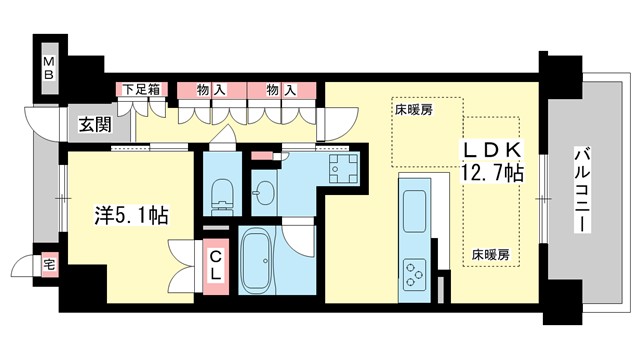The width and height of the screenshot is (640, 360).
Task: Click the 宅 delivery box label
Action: pos(48,265)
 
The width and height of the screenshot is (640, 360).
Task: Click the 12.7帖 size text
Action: pos(490,173)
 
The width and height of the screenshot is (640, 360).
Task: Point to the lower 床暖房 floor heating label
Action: pos(490,254)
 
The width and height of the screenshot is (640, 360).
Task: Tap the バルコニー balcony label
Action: pos(580,189)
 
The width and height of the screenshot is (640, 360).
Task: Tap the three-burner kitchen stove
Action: pos(415,270)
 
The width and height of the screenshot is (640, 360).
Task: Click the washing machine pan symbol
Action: pos(344,168)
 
